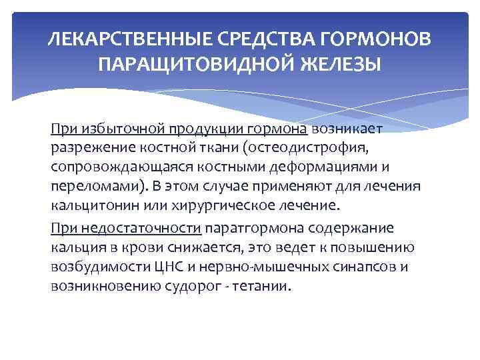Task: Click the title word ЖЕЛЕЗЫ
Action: pyautogui.click(x=340, y=65)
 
